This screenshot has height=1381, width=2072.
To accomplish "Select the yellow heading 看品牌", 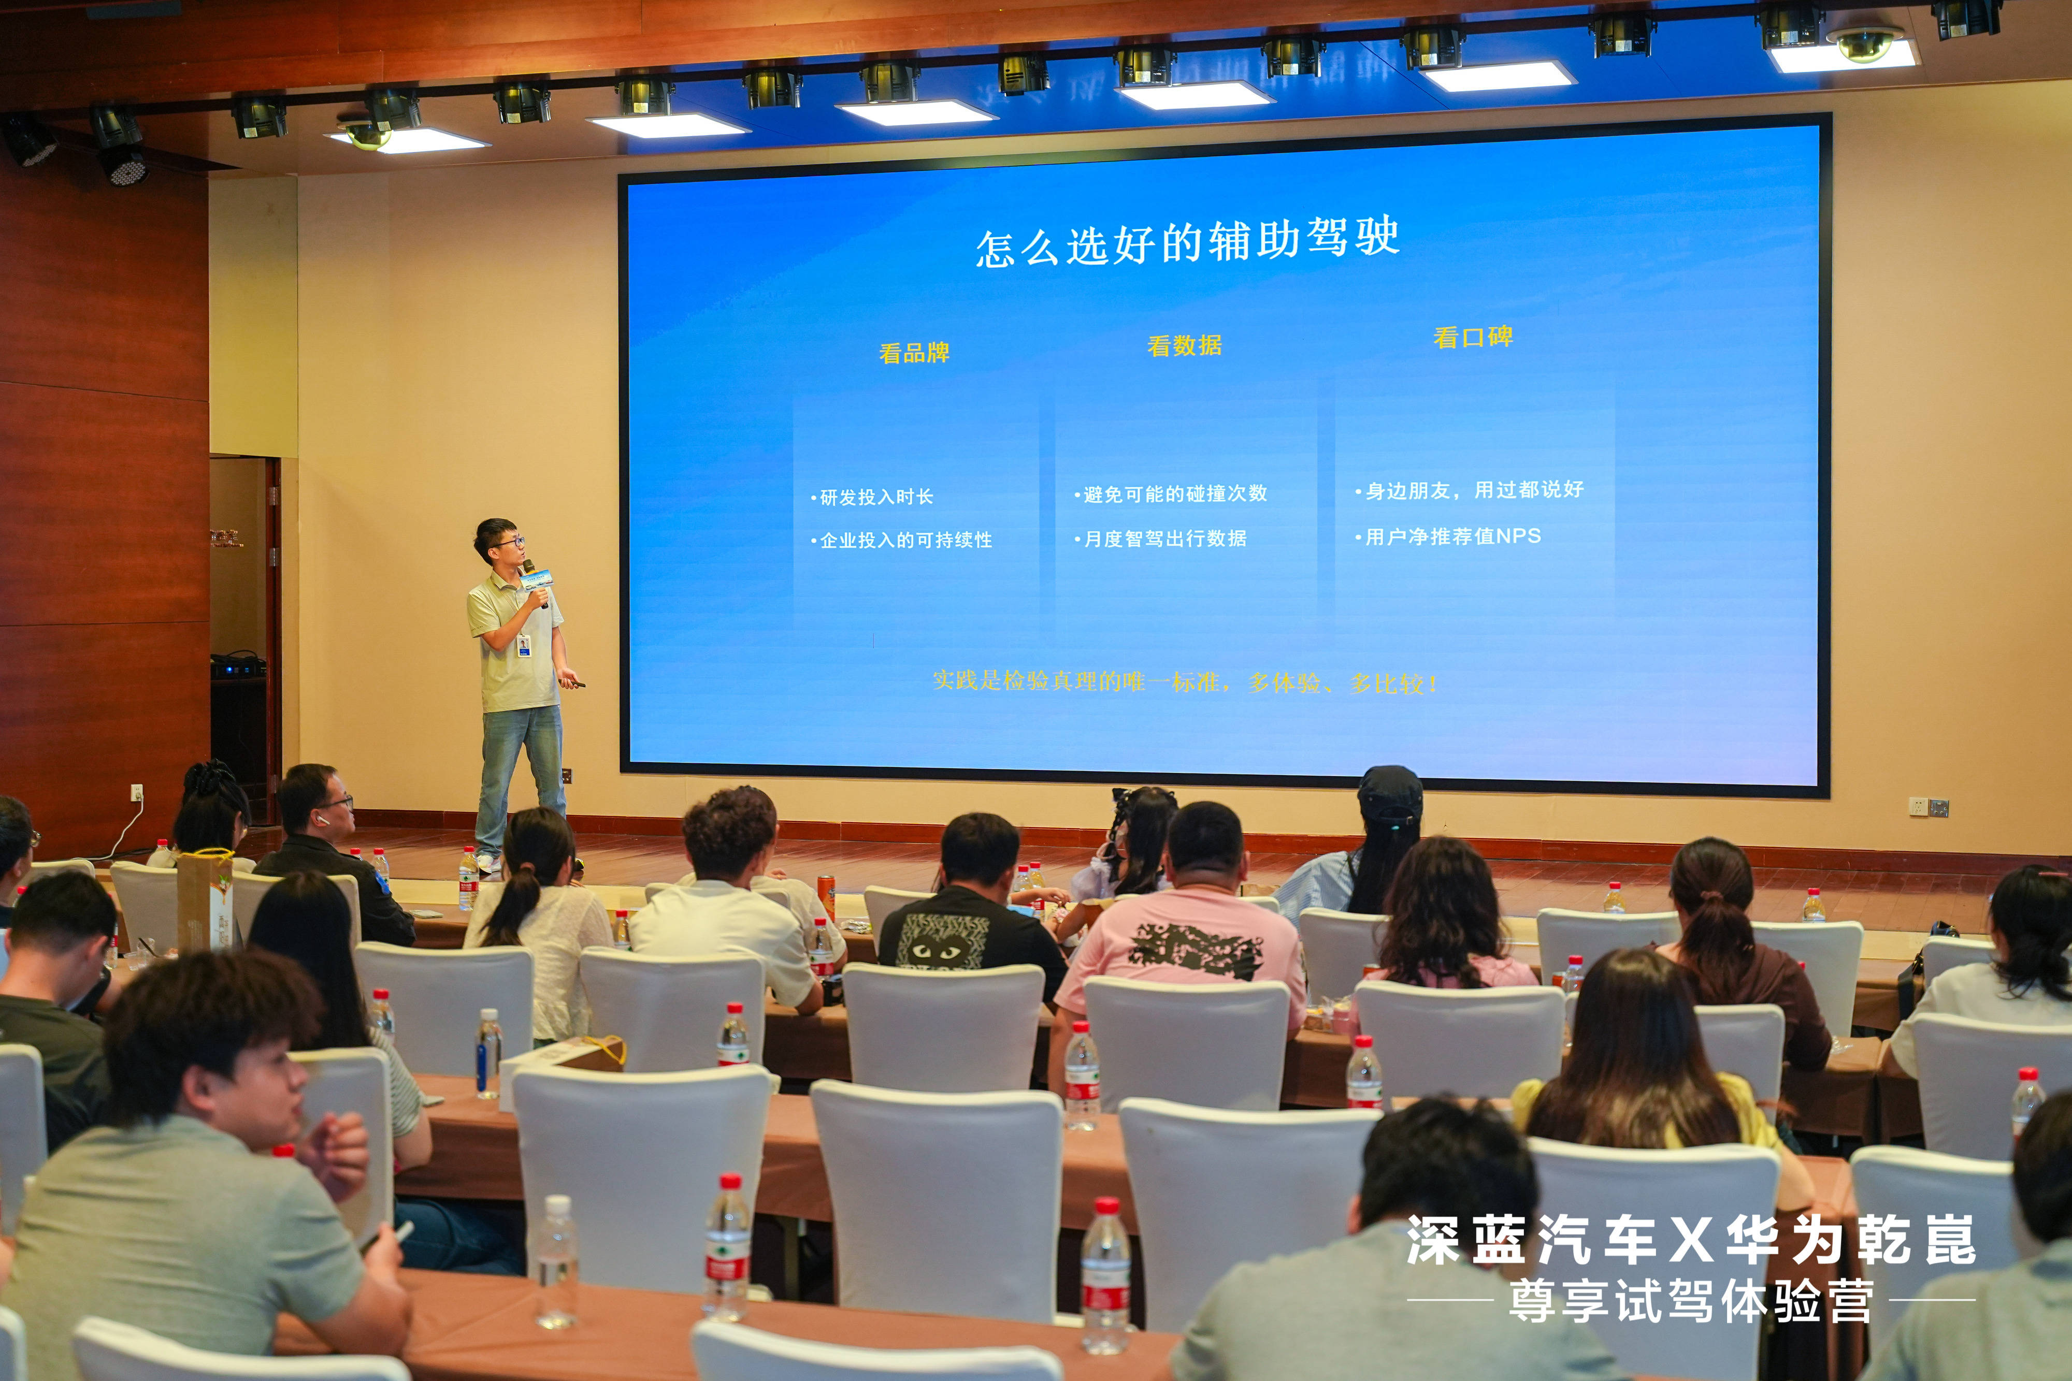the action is pos(914,353).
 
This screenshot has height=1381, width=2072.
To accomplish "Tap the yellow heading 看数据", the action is pos(1184,345).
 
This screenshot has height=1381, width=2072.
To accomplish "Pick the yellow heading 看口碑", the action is pos(1473,337).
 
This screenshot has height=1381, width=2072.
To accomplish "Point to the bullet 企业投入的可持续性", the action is pos(901,540).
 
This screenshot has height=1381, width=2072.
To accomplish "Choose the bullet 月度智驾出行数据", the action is pos(1160,538).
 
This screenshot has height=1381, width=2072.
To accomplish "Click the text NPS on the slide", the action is pos(1518,535).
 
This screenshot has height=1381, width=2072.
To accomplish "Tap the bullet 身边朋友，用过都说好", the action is pos(1470,490).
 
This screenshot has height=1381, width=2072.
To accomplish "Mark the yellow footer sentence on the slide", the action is pos(1186,681).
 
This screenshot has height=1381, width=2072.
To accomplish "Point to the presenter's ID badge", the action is pos(524,646).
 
